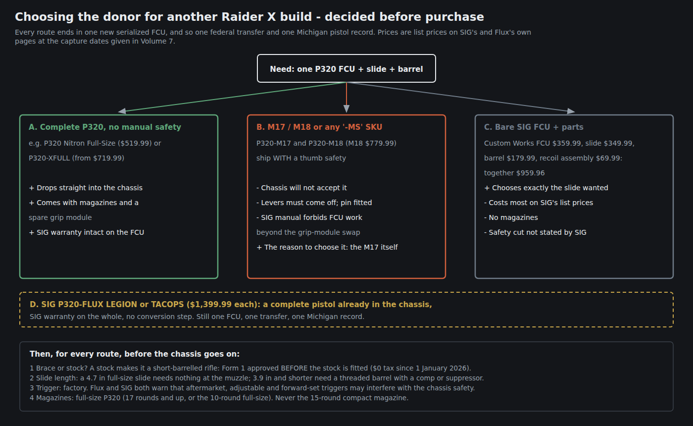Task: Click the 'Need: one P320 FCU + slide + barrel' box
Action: [346, 68]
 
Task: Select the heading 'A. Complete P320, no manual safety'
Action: [105, 127]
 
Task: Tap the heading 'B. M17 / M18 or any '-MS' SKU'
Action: [319, 127]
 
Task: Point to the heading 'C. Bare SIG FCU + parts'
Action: [534, 127]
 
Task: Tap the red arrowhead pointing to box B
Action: [346, 108]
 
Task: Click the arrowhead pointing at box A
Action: [122, 111]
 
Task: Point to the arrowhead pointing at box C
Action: [571, 111]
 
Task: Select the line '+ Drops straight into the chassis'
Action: [86, 188]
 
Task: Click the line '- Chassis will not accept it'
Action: [301, 188]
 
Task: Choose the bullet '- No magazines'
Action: [511, 217]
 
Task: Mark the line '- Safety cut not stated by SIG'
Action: [535, 232]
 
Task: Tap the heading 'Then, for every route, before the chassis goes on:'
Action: [135, 354]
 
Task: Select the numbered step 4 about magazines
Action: [219, 398]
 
